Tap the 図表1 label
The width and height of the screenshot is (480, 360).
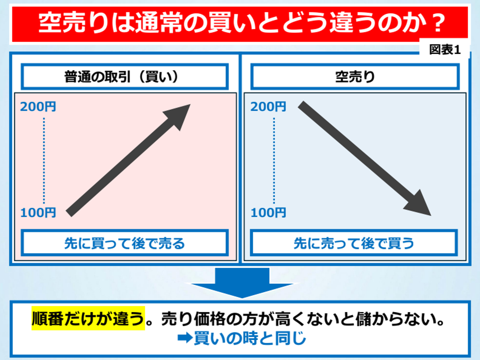[445, 49]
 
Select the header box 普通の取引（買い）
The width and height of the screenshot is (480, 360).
[125, 76]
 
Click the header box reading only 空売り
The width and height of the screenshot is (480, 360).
[355, 76]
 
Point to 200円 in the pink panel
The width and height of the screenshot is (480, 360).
[38, 107]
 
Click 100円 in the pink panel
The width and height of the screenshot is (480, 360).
[38, 212]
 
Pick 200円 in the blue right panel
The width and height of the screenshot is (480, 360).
[268, 107]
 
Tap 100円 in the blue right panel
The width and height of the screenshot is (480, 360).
[268, 212]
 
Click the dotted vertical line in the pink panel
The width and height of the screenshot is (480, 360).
[44, 161]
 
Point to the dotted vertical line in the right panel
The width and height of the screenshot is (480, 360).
[274, 161]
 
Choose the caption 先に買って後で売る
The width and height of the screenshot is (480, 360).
[125, 243]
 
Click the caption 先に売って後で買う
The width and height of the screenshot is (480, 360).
[354, 243]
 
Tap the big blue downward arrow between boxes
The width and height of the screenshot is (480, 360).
[242, 283]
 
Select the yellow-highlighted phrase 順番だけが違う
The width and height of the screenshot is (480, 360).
[88, 319]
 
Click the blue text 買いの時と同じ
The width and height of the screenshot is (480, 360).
[250, 338]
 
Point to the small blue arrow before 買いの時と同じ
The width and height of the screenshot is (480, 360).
[185, 338]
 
